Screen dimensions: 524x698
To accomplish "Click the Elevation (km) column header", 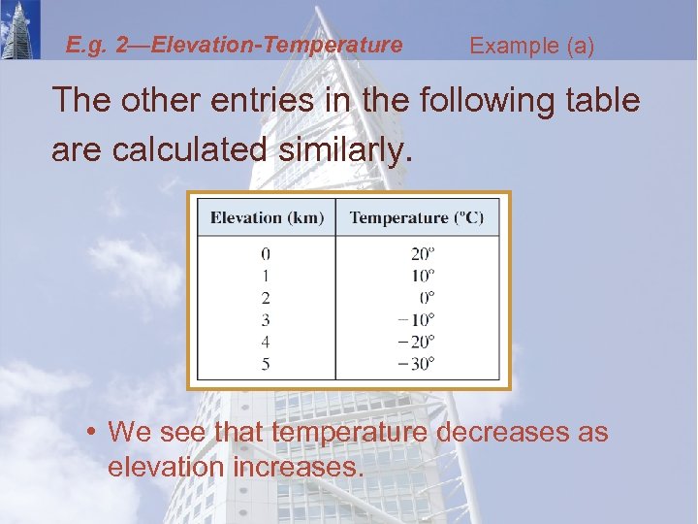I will point(267,217).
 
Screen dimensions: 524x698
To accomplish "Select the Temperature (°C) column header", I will point(417,217).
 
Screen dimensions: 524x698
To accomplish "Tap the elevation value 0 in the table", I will point(266,254).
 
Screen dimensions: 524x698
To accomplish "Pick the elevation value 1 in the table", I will point(266,276).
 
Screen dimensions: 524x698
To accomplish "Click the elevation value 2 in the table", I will point(266,298).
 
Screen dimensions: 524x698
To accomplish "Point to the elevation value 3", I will point(266,319).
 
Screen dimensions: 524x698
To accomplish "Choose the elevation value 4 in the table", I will point(266,342).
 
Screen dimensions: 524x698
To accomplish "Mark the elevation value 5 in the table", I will point(266,364).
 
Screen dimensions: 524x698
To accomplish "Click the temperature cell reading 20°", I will point(423,254).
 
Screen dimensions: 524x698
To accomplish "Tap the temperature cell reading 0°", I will point(427,298).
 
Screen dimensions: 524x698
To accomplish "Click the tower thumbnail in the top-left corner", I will point(21,29).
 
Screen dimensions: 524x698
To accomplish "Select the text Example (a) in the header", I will point(531,46).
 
